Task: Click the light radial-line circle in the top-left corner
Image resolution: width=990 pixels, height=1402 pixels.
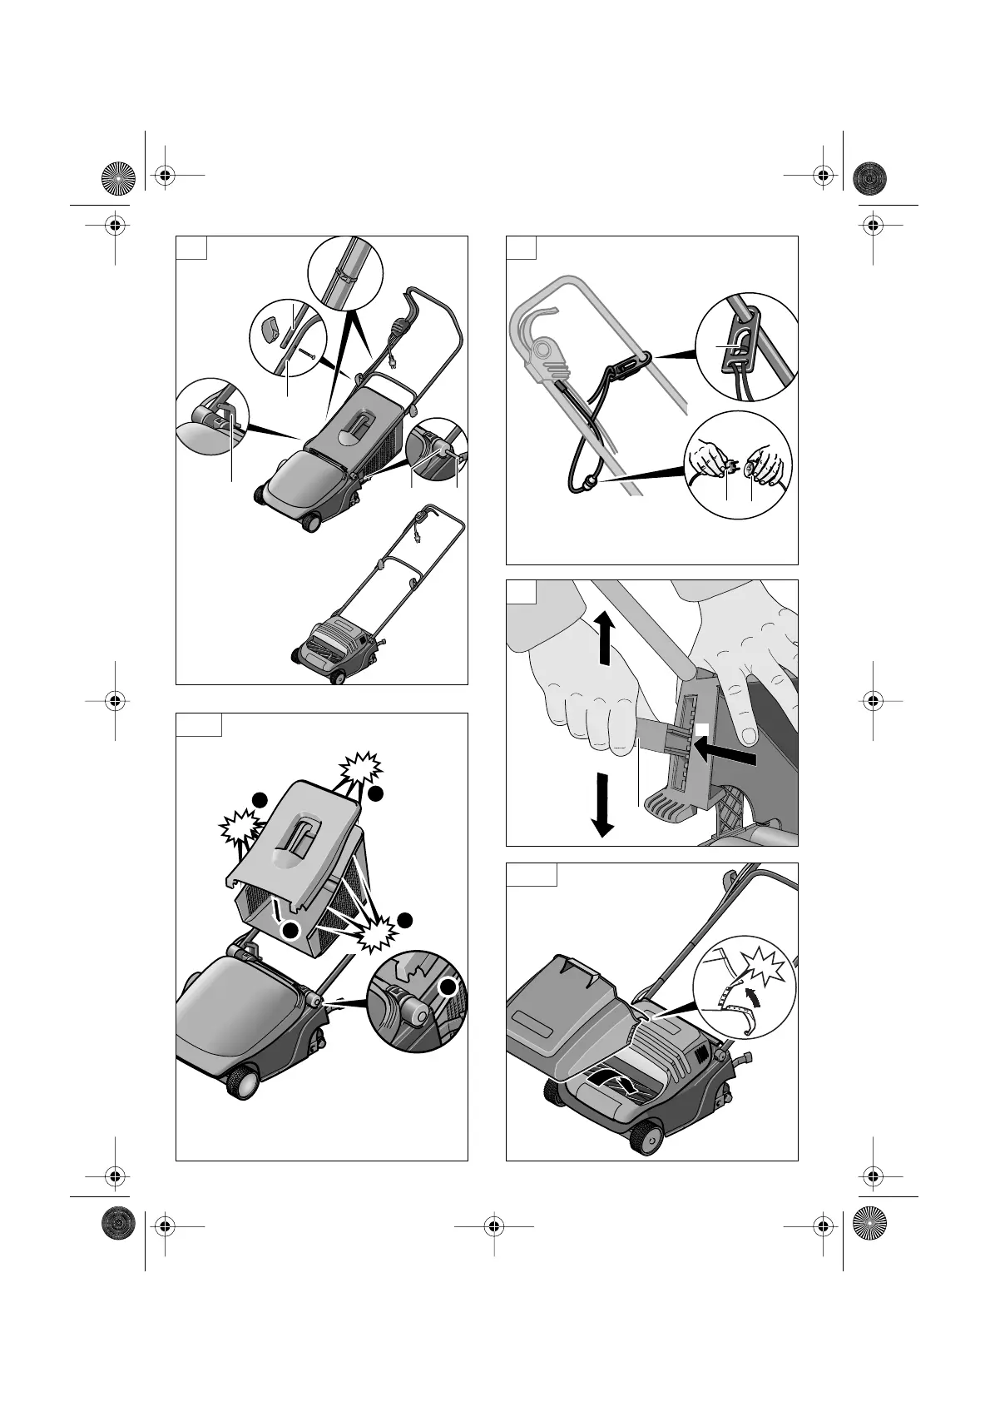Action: [x=117, y=176]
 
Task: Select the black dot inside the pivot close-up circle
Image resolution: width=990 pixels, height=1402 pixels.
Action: [x=448, y=987]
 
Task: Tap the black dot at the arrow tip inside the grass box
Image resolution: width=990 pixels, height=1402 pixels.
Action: [x=290, y=930]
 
